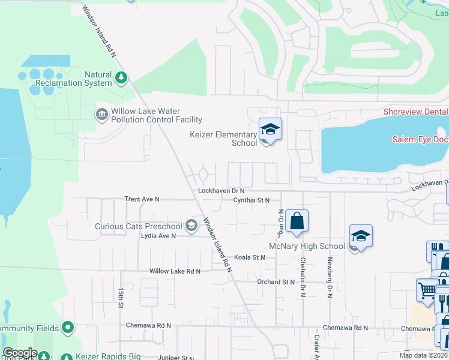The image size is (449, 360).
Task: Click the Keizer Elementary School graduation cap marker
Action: (270, 129)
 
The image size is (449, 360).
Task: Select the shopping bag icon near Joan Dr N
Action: (297, 221)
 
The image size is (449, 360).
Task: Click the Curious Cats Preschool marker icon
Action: (191, 226)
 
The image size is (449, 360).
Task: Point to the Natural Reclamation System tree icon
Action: (121, 77)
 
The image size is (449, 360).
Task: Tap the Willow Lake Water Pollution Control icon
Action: (101, 113)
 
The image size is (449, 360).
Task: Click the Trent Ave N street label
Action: (142, 199)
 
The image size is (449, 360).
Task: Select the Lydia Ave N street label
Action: (158, 236)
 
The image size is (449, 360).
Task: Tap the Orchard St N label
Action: (276, 281)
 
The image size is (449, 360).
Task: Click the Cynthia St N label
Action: (252, 200)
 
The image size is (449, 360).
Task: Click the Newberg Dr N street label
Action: (330, 277)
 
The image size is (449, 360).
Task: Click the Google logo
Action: (20, 353)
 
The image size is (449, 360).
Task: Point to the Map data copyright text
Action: (423, 355)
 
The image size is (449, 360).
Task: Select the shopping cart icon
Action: (427, 290)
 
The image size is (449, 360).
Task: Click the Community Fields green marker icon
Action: (68, 328)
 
